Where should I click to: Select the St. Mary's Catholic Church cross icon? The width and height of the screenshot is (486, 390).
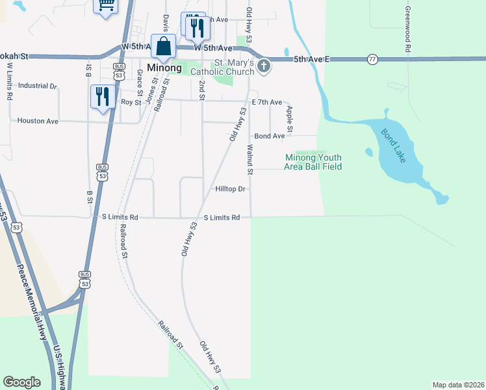pyautogui.click(x=264, y=65)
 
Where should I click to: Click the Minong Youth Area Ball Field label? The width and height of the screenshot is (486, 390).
pyautogui.click(x=313, y=162)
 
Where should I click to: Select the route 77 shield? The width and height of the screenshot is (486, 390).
pyautogui.click(x=372, y=58)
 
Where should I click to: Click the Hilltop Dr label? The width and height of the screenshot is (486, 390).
pyautogui.click(x=231, y=189)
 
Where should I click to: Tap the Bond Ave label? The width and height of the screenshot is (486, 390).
pyautogui.click(x=270, y=136)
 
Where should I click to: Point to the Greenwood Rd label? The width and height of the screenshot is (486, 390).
pyautogui.click(x=407, y=29)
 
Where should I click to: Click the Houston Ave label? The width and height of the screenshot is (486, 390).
pyautogui.click(x=38, y=121)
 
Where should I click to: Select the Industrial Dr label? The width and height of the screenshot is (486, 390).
pyautogui.click(x=38, y=86)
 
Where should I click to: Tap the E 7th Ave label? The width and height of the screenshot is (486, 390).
pyautogui.click(x=267, y=103)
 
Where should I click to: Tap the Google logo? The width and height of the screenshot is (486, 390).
pyautogui.click(x=21, y=382)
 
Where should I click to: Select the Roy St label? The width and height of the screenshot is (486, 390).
pyautogui.click(x=131, y=102)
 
